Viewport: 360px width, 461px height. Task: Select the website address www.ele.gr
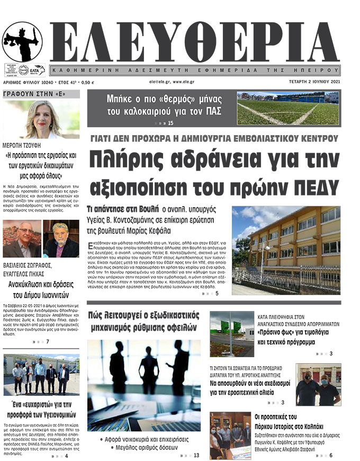coord(181,82)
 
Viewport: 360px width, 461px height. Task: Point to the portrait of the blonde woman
coord(41,120)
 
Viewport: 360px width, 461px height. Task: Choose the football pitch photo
coord(287,108)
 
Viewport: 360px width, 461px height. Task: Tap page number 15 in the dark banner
coord(170,123)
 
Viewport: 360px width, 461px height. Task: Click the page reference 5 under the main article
coord(217,294)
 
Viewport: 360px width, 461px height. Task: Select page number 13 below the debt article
coord(196,455)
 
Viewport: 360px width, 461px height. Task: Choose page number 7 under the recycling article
coord(48,341)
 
